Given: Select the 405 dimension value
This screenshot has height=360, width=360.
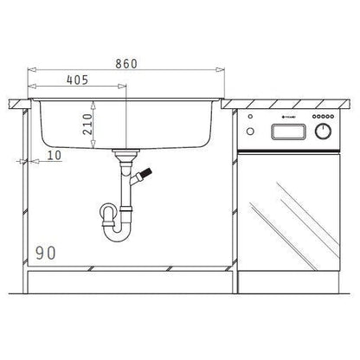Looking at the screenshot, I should point(78,80).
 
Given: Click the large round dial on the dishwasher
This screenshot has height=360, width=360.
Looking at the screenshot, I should point(325,132).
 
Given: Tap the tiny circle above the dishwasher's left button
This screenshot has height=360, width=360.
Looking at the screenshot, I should point(251,119).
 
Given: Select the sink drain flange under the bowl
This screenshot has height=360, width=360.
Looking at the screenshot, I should point(127,154).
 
